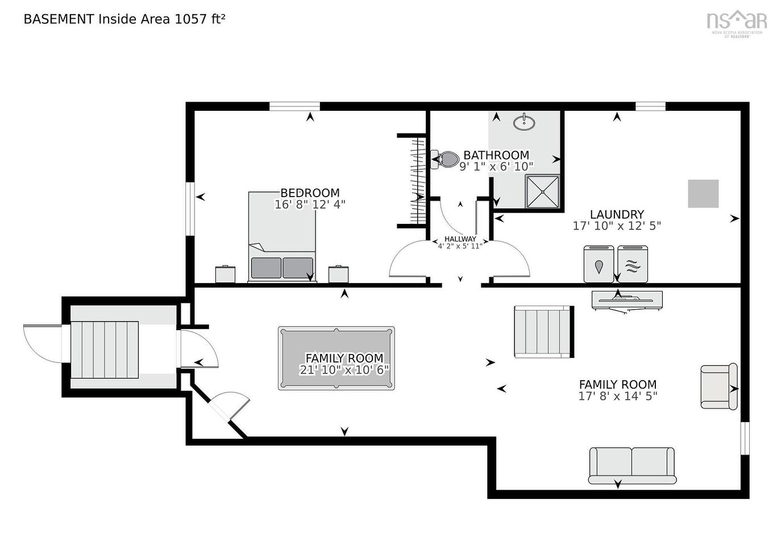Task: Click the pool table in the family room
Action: [336, 358]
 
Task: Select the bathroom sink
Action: [523, 122]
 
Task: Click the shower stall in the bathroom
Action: [542, 191]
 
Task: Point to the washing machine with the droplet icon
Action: [599, 264]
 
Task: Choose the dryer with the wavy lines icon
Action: [632, 264]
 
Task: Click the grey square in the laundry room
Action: [703, 194]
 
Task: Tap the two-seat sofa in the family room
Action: [632, 464]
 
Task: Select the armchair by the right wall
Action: [718, 386]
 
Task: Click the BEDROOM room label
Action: [310, 193]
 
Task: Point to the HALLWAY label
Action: [460, 239]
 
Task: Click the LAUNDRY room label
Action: [617, 215]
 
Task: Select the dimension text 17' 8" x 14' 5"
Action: [617, 397]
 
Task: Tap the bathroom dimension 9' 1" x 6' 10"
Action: [496, 166]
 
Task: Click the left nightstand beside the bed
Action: [225, 274]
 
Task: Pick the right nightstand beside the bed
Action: [338, 274]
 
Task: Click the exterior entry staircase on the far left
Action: [104, 349]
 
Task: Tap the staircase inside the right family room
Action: [543, 332]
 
